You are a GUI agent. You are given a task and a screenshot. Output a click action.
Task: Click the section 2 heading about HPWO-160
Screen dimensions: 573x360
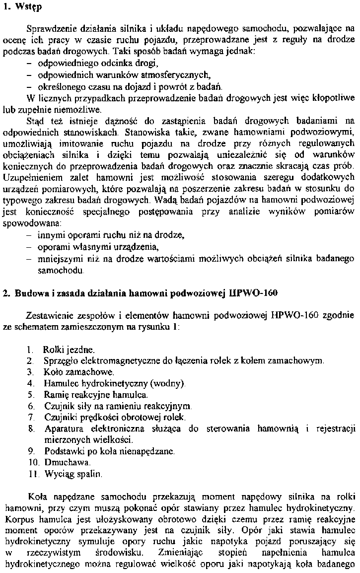[144, 293]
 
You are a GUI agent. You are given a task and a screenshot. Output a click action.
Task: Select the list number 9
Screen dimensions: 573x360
[31, 451]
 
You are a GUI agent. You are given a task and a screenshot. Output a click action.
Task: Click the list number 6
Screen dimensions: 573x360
[31, 406]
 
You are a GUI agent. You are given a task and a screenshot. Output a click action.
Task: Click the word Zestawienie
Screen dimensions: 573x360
[48, 315]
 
